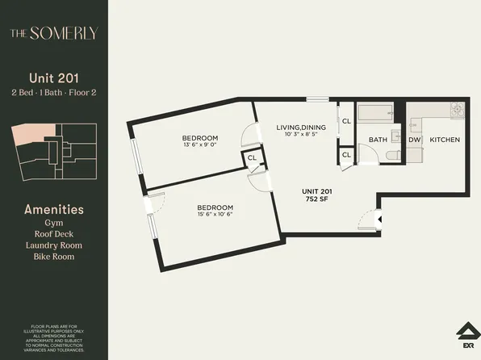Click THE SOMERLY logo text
tap(53, 33)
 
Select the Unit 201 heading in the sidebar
tap(53, 78)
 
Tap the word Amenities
tap(53, 210)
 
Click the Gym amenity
tap(53, 222)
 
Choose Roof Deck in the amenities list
tap(53, 233)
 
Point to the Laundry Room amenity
tap(53, 245)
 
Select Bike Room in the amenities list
tap(53, 256)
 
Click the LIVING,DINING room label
tap(300, 127)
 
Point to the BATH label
tap(378, 140)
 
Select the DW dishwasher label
tap(414, 140)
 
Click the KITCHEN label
tap(445, 140)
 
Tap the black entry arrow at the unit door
tap(380, 218)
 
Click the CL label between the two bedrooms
tap(252, 157)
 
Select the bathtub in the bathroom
tap(374, 112)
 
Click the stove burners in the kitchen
tap(456, 109)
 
